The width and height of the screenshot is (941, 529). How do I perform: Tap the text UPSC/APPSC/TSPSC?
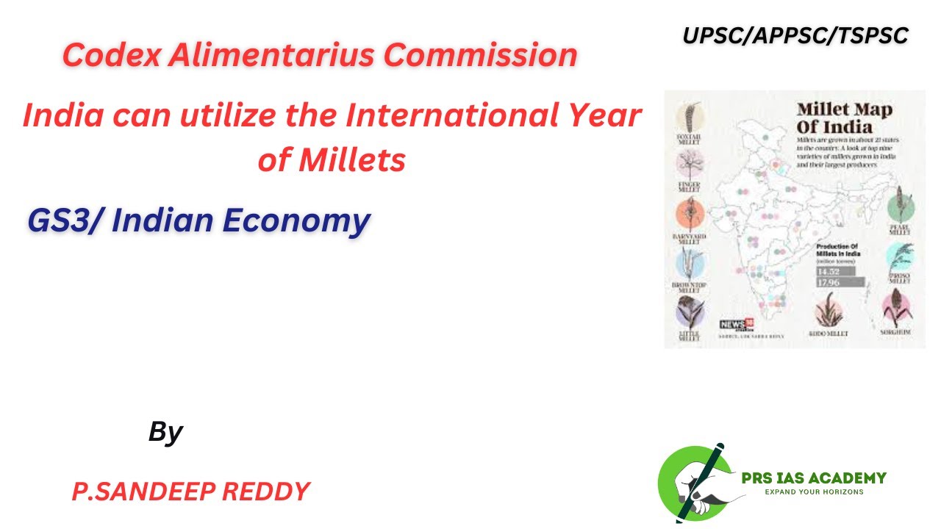pyautogui.click(x=795, y=35)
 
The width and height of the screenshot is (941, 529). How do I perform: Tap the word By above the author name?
pyautogui.click(x=165, y=432)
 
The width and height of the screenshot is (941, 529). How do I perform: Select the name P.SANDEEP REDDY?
pyautogui.click(x=190, y=492)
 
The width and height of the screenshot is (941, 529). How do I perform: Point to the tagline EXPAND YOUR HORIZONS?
pyautogui.click(x=814, y=492)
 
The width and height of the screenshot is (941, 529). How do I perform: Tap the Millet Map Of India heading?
pyautogui.click(x=845, y=118)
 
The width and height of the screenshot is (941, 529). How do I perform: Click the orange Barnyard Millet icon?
pyautogui.click(x=689, y=215)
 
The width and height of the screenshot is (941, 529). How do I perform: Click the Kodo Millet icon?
pyautogui.click(x=829, y=311)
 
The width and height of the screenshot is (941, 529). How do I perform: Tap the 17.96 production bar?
pyautogui.click(x=839, y=282)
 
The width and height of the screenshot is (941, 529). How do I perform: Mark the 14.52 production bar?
pyautogui.click(x=834, y=271)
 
